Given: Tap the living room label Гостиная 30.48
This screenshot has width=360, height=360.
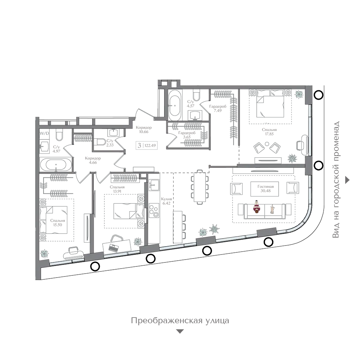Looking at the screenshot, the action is (x=265, y=189).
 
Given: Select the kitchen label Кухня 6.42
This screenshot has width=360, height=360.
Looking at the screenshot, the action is (x=166, y=201).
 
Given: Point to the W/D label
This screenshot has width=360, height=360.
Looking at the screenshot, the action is (x=44, y=134).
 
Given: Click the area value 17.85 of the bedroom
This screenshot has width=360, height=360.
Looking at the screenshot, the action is (x=269, y=134).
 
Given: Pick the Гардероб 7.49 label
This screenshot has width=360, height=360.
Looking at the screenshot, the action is (x=218, y=108).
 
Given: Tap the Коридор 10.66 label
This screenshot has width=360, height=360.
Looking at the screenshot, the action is (x=144, y=130).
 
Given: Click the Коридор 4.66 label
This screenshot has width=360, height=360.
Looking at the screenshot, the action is (x=93, y=161).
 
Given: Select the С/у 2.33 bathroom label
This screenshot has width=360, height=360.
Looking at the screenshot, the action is (x=110, y=143).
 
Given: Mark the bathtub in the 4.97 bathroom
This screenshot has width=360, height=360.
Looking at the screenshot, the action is (x=56, y=165).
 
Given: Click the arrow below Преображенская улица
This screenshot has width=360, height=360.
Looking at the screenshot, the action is (x=180, y=331).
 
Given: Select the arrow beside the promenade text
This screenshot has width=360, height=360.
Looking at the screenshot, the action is (x=347, y=180).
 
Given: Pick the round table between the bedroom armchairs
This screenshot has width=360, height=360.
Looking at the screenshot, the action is (x=267, y=144).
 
